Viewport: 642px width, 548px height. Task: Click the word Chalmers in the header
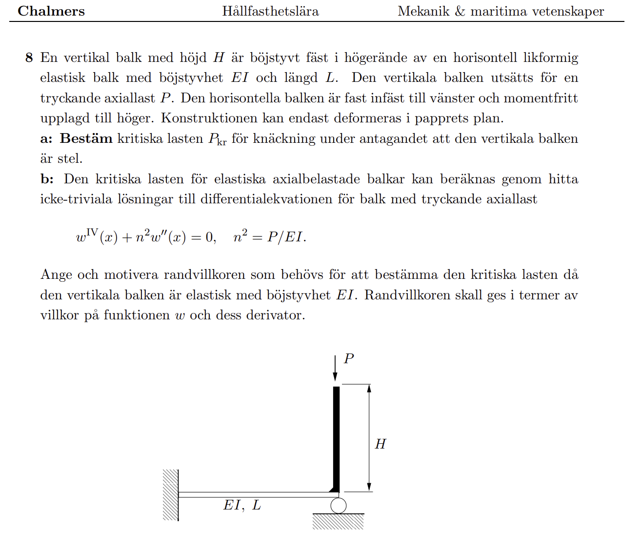pyautogui.click(x=51, y=11)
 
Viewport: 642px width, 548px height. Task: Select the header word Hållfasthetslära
pyautogui.click(x=270, y=11)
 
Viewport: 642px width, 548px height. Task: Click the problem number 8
pyautogui.click(x=29, y=58)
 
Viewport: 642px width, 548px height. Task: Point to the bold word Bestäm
pyautogui.click(x=86, y=138)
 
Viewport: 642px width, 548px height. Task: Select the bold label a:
pyautogui.click(x=46, y=138)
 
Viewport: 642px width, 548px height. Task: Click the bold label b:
pyautogui.click(x=47, y=179)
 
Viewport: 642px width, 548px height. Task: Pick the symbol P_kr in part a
pyautogui.click(x=218, y=139)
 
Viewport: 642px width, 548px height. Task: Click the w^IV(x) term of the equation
pyautogui.click(x=97, y=237)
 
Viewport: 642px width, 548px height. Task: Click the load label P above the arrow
pyautogui.click(x=348, y=359)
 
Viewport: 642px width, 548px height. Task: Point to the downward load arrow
pyautogui.click(x=335, y=368)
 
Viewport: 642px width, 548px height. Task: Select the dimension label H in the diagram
pyautogui.click(x=381, y=444)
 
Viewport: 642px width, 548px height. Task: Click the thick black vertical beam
pyautogui.click(x=336, y=439)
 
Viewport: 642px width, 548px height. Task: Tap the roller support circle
pyautogui.click(x=338, y=506)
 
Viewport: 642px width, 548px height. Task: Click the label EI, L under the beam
pyautogui.click(x=242, y=506)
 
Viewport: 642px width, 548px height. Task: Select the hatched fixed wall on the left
pyautogui.click(x=170, y=495)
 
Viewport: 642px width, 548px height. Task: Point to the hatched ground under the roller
pyautogui.click(x=338, y=522)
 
